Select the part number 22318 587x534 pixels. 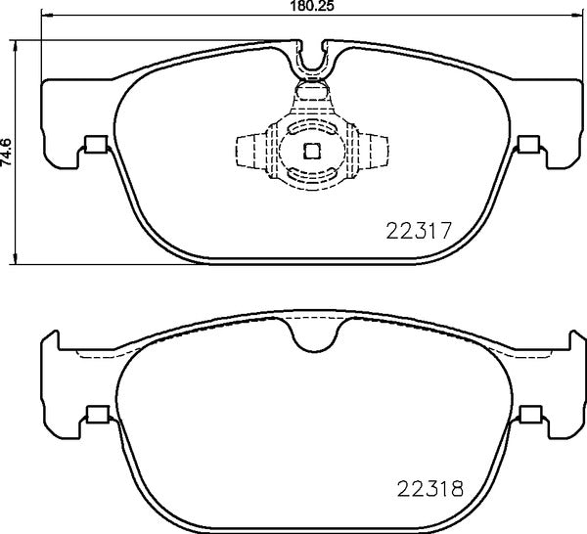429,485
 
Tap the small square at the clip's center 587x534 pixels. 311,151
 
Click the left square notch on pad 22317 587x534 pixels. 96,146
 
